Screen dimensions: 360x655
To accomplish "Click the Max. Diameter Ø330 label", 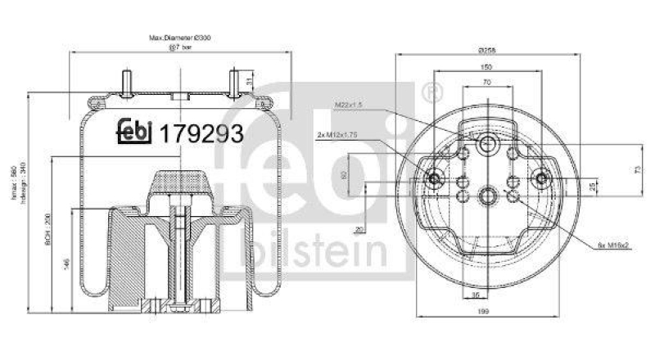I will pyautogui.click(x=179, y=38).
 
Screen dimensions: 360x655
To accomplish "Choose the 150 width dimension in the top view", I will pyautogui.click(x=486, y=68).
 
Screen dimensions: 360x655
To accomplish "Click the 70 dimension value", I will pyautogui.click(x=486, y=83).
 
